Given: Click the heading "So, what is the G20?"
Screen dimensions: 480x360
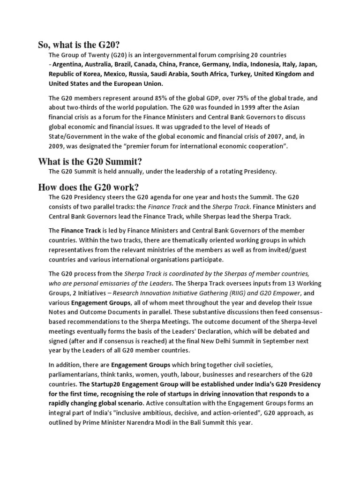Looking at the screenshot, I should coord(79,45).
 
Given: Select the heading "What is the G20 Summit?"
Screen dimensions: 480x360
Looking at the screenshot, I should coord(90,162).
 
